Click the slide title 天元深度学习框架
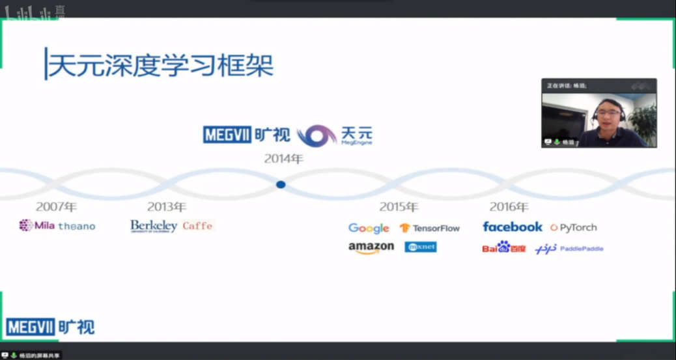[x=160, y=64]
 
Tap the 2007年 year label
[x=56, y=206]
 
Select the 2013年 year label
[x=166, y=206]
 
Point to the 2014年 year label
[x=283, y=158]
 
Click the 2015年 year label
[x=399, y=206]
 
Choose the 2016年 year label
[x=509, y=206]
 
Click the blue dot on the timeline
[x=281, y=185]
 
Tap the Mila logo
[x=36, y=226]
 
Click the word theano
[x=77, y=227]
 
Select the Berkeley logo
[x=154, y=226]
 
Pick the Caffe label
[x=197, y=226]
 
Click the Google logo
[x=369, y=228]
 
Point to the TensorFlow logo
[x=430, y=228]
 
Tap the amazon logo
[x=371, y=247]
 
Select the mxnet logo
[x=421, y=247]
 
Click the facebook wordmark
[x=513, y=227]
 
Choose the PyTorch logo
[x=574, y=227]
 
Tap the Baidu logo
[x=504, y=247]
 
